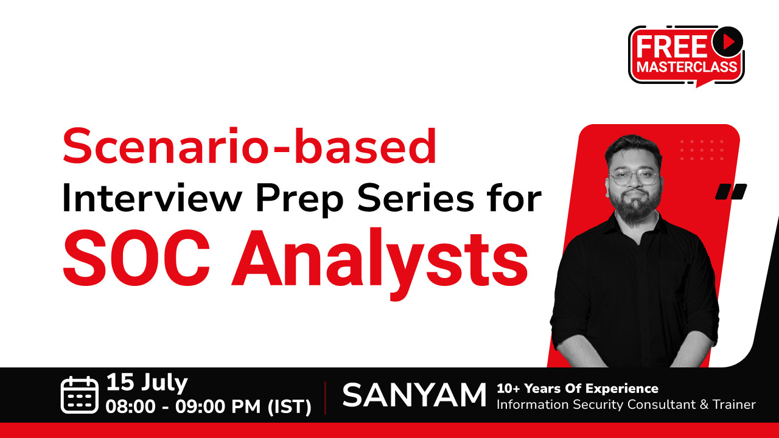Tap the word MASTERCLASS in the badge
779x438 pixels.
click(687, 67)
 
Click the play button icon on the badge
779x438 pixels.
click(727, 42)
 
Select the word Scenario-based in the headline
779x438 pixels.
click(250, 146)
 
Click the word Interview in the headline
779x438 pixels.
click(152, 198)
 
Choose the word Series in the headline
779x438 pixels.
click(416, 198)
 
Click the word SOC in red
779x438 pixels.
click(136, 257)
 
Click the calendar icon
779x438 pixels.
click(80, 395)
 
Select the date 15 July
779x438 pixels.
click(147, 383)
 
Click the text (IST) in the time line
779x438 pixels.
click(289, 406)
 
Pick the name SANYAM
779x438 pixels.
click(414, 395)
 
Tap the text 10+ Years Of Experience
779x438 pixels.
click(578, 388)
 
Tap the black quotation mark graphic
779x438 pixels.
click(731, 192)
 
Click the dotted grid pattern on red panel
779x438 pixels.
click(702, 150)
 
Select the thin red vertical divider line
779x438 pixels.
click(325, 398)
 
